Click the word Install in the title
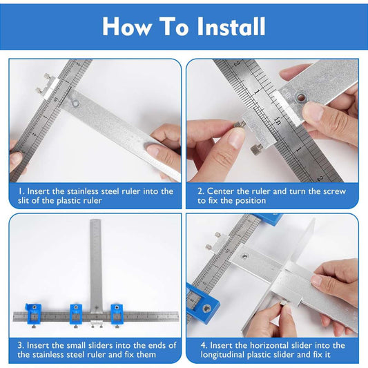pyautogui.click(x=231, y=26)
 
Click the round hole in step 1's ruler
pyautogui.click(x=75, y=103)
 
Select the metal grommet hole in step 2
pyautogui.click(x=300, y=96)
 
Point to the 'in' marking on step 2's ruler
pyautogui.click(x=277, y=121)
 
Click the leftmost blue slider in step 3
pyautogui.click(x=34, y=313)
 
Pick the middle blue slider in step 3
pyautogui.click(x=76, y=313)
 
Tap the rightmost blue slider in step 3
pyautogui.click(x=117, y=313)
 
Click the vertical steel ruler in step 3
pyautogui.click(x=96, y=266)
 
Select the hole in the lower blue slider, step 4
pyautogui.click(x=206, y=308)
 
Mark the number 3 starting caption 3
pyautogui.click(x=20, y=345)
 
